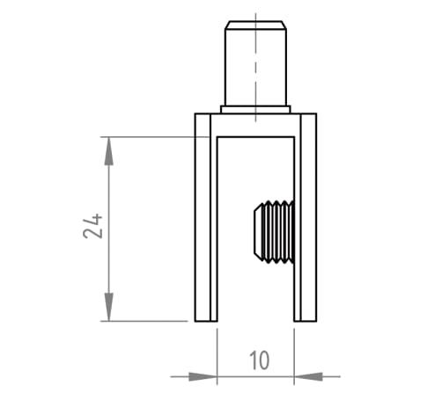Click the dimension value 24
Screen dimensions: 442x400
coord(92,226)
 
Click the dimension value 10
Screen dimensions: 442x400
coord(260,360)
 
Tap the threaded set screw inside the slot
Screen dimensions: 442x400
coord(274,232)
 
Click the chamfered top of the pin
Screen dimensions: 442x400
coord(255,25)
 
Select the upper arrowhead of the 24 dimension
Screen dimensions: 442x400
coord(109,151)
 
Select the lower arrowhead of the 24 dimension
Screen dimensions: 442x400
coord(109,307)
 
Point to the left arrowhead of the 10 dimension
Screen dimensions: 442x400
coord(203,376)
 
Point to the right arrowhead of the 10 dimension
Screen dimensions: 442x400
coord(308,376)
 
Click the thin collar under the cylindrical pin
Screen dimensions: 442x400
coord(255,109)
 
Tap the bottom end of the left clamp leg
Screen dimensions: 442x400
coord(206,321)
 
